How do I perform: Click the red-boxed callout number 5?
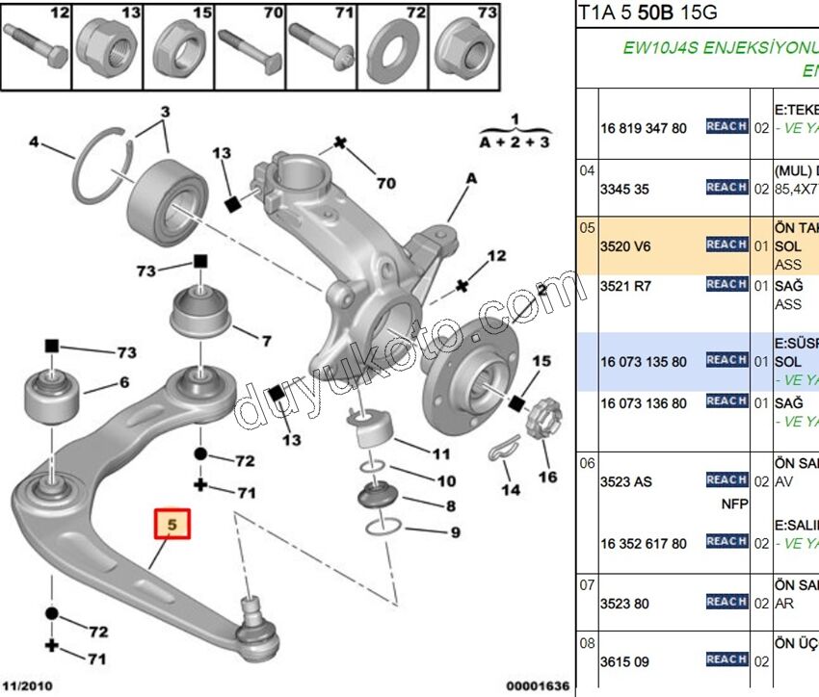pos(173,526)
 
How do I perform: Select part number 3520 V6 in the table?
pos(625,246)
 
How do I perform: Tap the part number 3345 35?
pos(625,189)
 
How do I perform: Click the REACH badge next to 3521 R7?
pos(727,285)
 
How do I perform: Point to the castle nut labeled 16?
pos(542,418)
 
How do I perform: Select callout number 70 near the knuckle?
pos(385,182)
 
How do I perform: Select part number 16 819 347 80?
pos(644,128)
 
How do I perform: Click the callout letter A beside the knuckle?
pos(472,178)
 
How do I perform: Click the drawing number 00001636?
pos(538,686)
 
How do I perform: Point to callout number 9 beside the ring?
pos(456,532)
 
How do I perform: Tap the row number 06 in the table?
pos(587,463)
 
